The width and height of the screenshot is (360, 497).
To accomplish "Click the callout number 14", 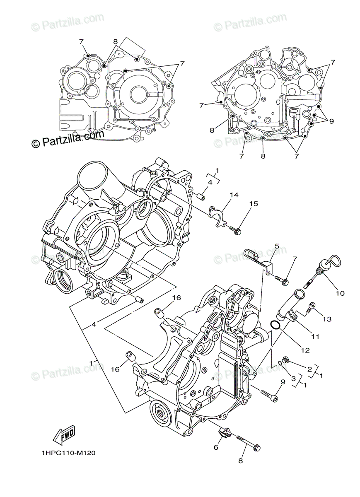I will pos(235,195).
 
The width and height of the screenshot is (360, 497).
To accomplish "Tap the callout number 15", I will pos(253,204).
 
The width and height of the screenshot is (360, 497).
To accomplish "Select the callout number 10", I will pos(340,294).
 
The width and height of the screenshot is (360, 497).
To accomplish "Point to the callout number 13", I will pos(327,319).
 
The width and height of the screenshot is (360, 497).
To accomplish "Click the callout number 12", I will pos(305,350).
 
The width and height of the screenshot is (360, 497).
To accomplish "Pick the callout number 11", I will pos(315,336).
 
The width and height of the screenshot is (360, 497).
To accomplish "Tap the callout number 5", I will pos(277,246).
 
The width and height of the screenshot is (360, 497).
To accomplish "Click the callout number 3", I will pos(293,378).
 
